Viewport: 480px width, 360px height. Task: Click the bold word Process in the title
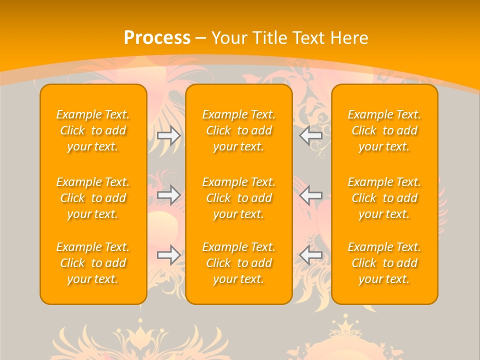pyautogui.click(x=157, y=38)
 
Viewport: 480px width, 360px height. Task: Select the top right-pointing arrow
pyautogui.click(x=169, y=136)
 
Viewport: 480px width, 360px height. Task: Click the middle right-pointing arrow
pyautogui.click(x=169, y=195)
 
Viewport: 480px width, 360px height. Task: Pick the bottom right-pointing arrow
pyautogui.click(x=169, y=255)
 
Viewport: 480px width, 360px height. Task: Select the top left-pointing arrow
pyautogui.click(x=310, y=135)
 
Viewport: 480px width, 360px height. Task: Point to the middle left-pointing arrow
pyautogui.click(x=310, y=195)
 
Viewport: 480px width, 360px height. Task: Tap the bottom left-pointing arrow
pyautogui.click(x=310, y=255)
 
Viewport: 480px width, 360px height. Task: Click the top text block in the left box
pyautogui.click(x=93, y=130)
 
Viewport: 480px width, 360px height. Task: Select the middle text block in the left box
pyautogui.click(x=93, y=198)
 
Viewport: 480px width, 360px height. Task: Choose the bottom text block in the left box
pyautogui.click(x=93, y=263)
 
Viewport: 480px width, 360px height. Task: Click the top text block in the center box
pyautogui.click(x=239, y=130)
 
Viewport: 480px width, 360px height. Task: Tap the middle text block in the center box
pyautogui.click(x=239, y=198)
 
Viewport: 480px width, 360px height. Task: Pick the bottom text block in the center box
pyautogui.click(x=239, y=263)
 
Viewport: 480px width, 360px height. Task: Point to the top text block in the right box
pyautogui.click(x=384, y=130)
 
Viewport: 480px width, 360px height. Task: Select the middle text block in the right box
pyautogui.click(x=384, y=198)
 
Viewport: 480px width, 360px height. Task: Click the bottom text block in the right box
pyautogui.click(x=384, y=263)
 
